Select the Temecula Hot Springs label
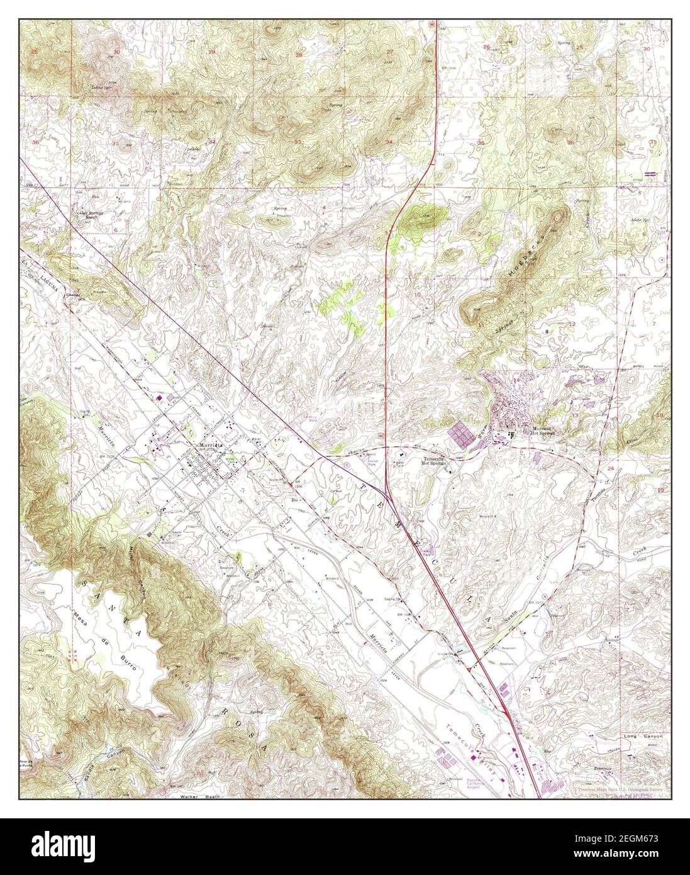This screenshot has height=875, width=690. coord(437,461)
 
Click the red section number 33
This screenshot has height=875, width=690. coord(298,142)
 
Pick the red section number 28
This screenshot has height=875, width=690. coord(299,55)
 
